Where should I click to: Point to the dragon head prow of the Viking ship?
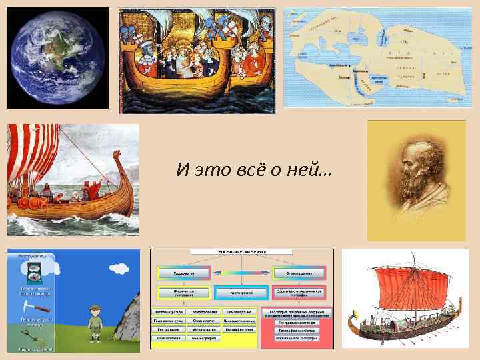[x=118, y=160]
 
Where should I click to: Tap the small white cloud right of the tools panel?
[x=120, y=269]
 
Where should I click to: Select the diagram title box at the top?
[x=241, y=252]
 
